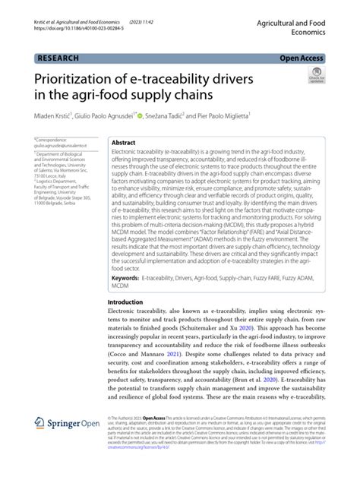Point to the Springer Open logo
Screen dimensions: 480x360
tap(65, 444)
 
